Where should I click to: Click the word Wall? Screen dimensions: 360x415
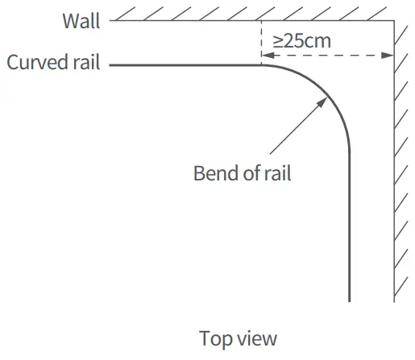81,21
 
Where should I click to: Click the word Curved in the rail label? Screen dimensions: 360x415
35,63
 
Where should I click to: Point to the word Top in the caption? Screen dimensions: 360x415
214,337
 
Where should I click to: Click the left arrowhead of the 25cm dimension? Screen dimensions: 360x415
266,56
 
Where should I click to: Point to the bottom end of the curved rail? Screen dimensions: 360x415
350,300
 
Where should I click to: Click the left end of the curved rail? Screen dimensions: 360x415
110,64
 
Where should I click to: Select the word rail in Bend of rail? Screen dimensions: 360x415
276,173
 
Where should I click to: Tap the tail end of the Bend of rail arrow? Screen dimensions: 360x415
271,153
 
